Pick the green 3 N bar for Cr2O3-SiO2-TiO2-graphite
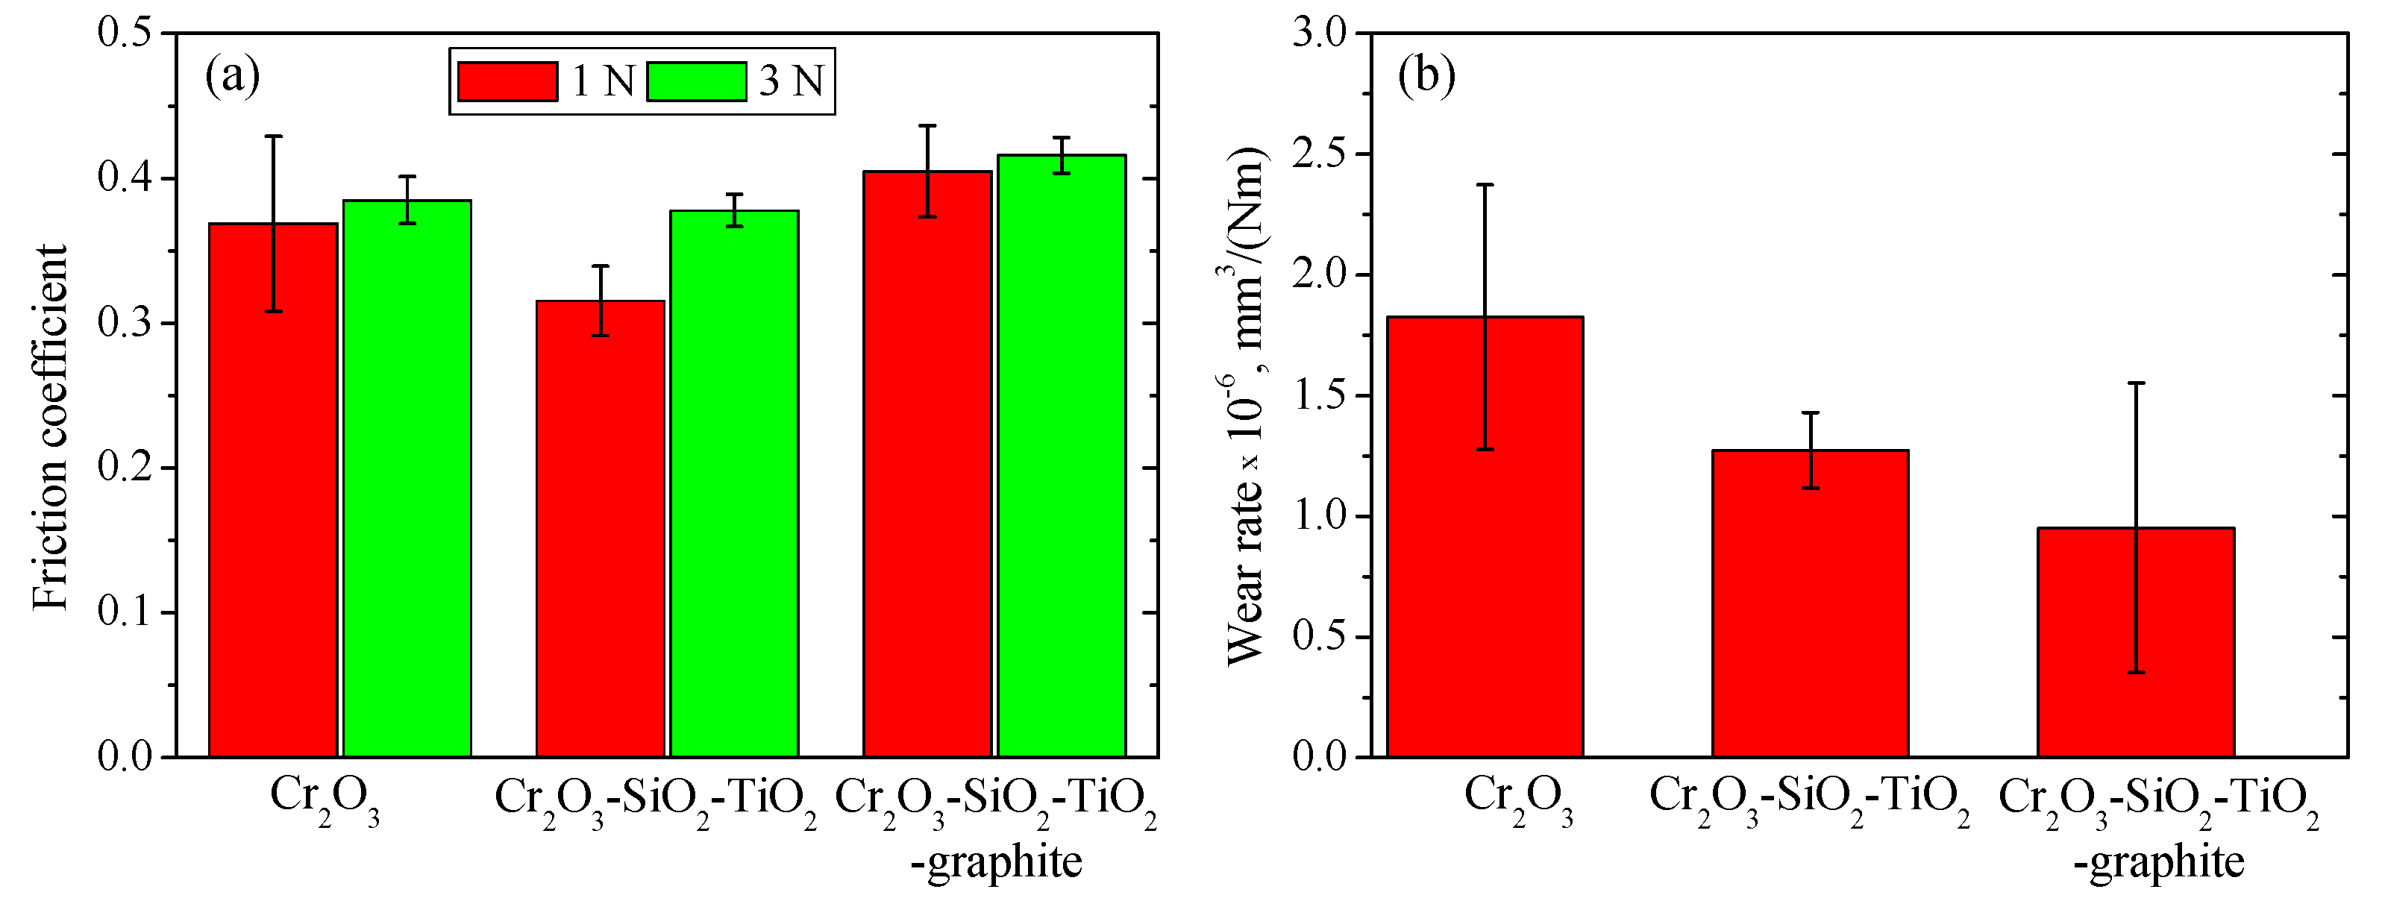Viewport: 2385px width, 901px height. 1062,463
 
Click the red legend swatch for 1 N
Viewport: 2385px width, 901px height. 507,81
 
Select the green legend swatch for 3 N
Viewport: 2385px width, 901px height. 696,81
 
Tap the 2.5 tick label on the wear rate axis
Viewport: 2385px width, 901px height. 1320,154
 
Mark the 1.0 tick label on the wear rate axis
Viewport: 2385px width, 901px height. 1320,517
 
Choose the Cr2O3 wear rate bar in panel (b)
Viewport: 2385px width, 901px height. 1484,556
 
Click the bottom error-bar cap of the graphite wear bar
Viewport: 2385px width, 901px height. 2136,672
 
